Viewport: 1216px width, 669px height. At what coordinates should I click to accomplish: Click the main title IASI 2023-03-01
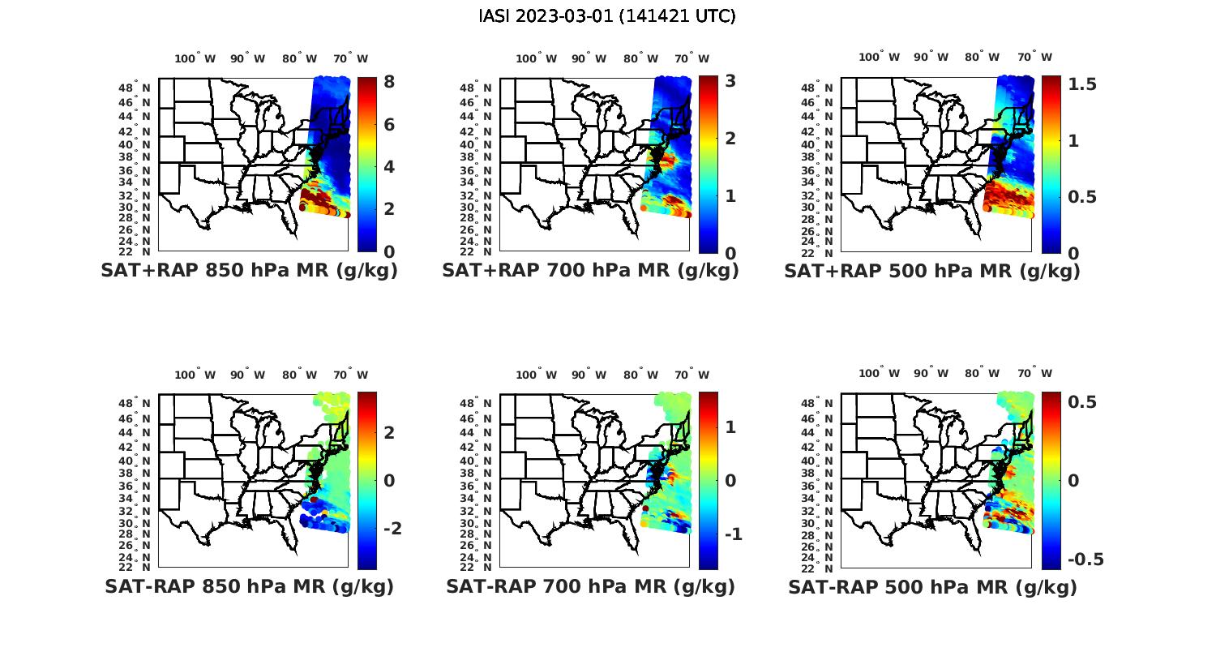(x=607, y=16)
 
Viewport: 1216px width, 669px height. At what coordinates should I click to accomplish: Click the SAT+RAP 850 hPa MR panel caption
(x=249, y=271)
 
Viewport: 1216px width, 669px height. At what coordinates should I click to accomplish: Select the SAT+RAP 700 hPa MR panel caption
(x=590, y=271)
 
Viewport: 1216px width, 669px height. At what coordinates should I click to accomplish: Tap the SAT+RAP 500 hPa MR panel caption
(x=932, y=271)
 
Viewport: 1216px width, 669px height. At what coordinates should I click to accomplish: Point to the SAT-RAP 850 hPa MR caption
(x=249, y=586)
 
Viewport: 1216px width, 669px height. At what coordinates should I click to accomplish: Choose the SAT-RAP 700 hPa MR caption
(x=590, y=586)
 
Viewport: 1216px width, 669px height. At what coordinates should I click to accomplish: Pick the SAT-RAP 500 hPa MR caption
(x=932, y=586)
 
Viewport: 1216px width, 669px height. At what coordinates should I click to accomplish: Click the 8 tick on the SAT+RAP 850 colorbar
(x=389, y=82)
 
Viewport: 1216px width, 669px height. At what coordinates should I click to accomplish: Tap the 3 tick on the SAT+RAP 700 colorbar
(x=730, y=81)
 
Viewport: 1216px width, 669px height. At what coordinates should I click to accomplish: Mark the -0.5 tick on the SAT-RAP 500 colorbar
(x=1085, y=560)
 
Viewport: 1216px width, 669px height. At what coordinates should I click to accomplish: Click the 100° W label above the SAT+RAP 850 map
(x=195, y=58)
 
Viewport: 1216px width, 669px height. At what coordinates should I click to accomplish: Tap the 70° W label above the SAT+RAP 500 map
(x=1035, y=57)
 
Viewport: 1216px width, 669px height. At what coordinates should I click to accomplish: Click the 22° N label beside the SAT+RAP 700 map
(x=477, y=251)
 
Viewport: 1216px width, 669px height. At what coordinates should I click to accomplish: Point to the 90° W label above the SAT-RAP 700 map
(x=589, y=375)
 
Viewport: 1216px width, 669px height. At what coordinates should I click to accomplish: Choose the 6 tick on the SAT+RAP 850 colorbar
(x=389, y=124)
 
